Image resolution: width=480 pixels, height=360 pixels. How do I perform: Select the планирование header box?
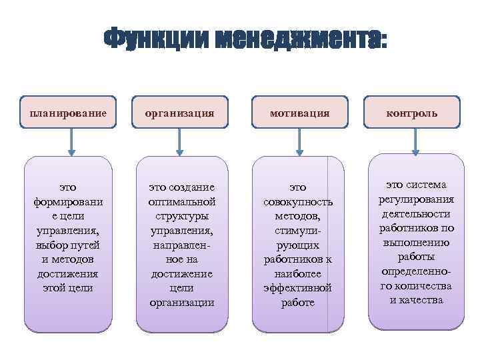pyautogui.click(x=68, y=113)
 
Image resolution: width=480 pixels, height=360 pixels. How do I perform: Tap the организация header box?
pyautogui.click(x=181, y=113)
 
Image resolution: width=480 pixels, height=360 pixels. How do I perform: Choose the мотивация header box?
pyautogui.click(x=299, y=113)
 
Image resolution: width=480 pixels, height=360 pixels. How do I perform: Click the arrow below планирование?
pyautogui.click(x=72, y=142)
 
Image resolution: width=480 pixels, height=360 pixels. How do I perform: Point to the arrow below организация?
pyautogui.click(x=179, y=142)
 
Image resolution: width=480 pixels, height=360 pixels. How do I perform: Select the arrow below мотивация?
pyautogui.click(x=300, y=142)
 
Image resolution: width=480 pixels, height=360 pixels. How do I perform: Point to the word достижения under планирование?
pyautogui.click(x=68, y=273)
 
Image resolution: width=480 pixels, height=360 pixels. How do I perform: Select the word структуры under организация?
pyautogui.click(x=181, y=216)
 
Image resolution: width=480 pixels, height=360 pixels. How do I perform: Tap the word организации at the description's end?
pyautogui.click(x=181, y=302)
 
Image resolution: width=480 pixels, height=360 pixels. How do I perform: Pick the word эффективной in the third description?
pyautogui.click(x=299, y=288)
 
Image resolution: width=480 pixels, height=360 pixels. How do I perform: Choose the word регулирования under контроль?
pyautogui.click(x=416, y=199)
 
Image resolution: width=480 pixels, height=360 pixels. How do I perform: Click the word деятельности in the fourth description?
pyautogui.click(x=416, y=213)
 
